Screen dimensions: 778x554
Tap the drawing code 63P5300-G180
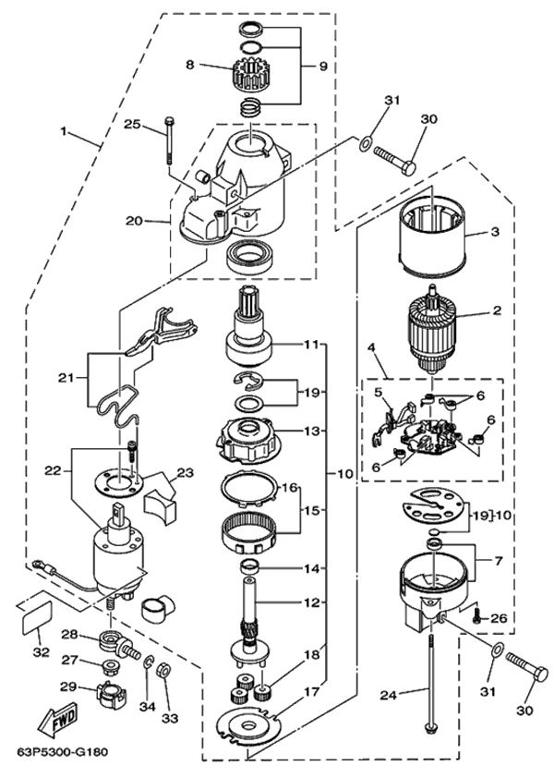61,750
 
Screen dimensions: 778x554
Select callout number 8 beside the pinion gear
189,65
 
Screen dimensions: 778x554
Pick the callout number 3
495,231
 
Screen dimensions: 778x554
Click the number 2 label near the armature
496,310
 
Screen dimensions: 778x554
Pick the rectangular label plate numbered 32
35,613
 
